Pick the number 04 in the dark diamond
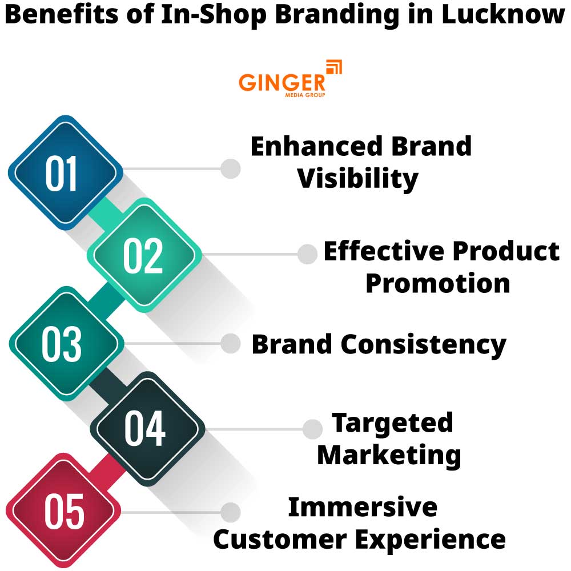click(145, 429)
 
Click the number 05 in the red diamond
click(64, 511)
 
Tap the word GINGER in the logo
click(282, 82)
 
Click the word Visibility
click(358, 179)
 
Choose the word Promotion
click(437, 283)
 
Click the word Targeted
click(392, 423)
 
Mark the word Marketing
click(389, 455)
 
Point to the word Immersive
click(363, 507)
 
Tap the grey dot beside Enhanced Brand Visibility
click(231, 168)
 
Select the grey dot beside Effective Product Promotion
click(307, 254)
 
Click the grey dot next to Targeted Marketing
click(312, 429)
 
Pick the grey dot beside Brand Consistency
click(231, 343)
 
